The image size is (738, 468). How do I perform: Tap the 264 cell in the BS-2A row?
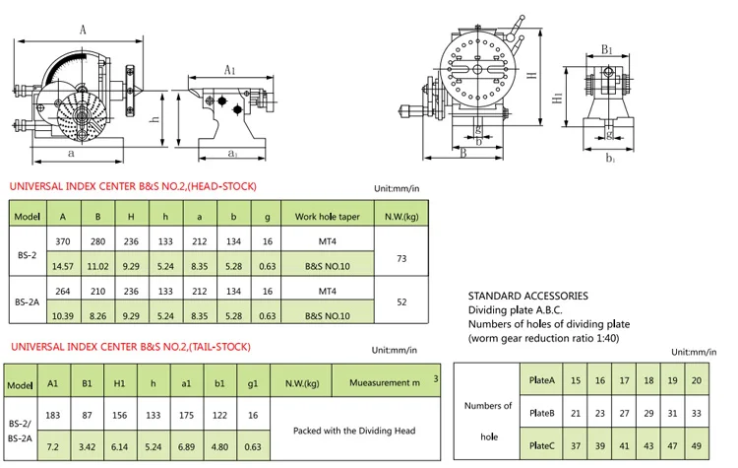point(63,291)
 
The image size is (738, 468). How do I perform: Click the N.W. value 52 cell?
point(401,303)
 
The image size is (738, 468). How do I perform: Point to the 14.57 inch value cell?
point(63,265)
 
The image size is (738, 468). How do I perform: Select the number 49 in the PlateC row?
point(697,444)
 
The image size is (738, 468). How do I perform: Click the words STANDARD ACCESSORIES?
point(527,296)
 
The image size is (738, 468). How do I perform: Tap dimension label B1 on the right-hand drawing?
point(607,50)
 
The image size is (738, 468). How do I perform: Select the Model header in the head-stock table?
point(27,215)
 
